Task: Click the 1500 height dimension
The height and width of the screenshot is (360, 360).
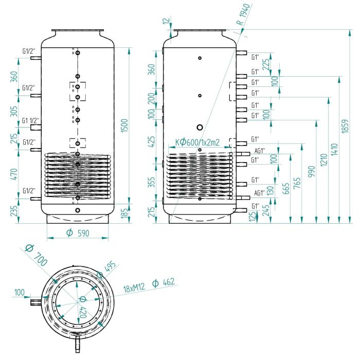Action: pyautogui.click(x=124, y=125)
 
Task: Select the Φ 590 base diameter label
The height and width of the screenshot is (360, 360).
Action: pyautogui.click(x=78, y=233)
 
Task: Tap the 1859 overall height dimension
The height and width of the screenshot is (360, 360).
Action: pyautogui.click(x=345, y=126)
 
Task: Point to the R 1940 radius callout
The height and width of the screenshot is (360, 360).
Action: pyautogui.click(x=243, y=14)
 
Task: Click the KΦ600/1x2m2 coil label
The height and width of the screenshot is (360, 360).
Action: pyautogui.click(x=197, y=142)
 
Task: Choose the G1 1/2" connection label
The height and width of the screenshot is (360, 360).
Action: pyautogui.click(x=30, y=120)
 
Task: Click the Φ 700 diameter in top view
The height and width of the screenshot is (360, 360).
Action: pyautogui.click(x=37, y=255)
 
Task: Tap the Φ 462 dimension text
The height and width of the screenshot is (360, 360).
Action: pyautogui.click(x=164, y=282)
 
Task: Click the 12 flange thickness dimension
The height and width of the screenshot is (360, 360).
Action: pyautogui.click(x=167, y=20)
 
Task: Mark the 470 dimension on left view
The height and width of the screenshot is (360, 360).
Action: pyautogui.click(x=14, y=174)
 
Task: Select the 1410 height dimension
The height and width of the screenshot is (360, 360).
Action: pyautogui.click(x=334, y=150)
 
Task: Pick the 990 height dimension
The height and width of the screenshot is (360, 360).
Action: pyautogui.click(x=312, y=172)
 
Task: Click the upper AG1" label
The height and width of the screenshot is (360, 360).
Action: pyautogui.click(x=260, y=151)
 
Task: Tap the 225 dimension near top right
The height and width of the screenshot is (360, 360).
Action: pyautogui.click(x=266, y=64)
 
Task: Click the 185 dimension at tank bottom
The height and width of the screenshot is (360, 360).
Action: pyautogui.click(x=124, y=213)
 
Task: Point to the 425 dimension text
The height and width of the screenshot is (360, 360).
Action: pyautogui.click(x=152, y=141)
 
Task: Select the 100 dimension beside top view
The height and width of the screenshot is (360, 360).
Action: pyautogui.click(x=20, y=293)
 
